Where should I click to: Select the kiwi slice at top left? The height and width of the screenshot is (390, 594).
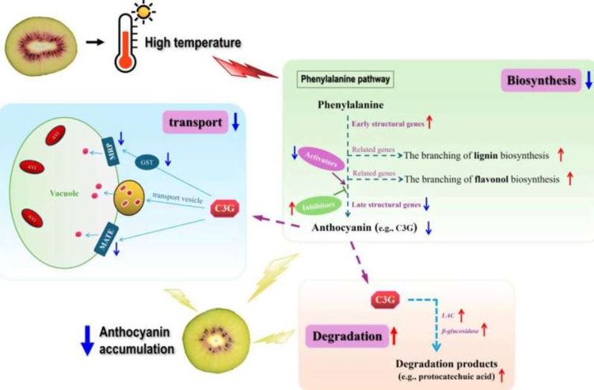coord(41,40)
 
